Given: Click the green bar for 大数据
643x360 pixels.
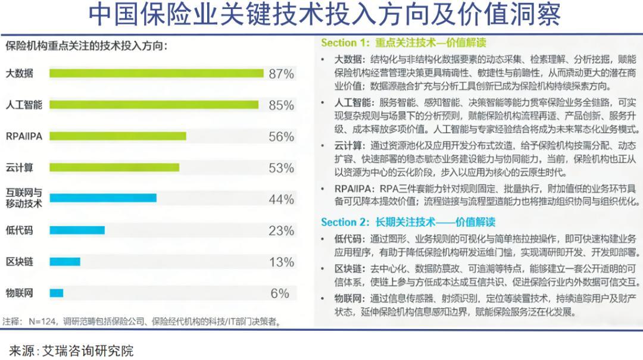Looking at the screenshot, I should pyautogui.click(x=156, y=73).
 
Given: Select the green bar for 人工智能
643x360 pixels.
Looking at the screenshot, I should pyautogui.click(x=154, y=105).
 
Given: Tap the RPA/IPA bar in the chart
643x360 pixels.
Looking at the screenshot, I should pyautogui.click(x=118, y=136).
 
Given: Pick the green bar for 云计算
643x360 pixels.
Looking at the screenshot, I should pyautogui.click(x=114, y=168).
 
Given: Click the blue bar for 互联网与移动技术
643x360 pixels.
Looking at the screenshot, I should pyautogui.click(x=103, y=198).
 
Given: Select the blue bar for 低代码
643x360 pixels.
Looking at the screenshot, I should pyautogui.click(x=77, y=230).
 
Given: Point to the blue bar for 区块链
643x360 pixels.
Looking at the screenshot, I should pyautogui.click(x=64, y=262).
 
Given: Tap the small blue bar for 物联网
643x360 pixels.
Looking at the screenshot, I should pyautogui.click(x=57, y=293).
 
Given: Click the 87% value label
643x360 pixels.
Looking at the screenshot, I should pyautogui.click(x=281, y=74).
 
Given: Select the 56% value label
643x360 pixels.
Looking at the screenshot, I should pyautogui.click(x=281, y=136).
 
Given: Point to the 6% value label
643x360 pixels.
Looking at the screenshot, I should pyautogui.click(x=280, y=293).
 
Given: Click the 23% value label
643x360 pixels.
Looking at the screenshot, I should pyautogui.click(x=281, y=230).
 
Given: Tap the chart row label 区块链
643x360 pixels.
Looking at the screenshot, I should pyautogui.click(x=20, y=262).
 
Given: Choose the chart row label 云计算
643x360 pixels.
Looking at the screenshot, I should pyautogui.click(x=20, y=168).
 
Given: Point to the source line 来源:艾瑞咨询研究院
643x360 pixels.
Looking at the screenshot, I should pyautogui.click(x=71, y=350).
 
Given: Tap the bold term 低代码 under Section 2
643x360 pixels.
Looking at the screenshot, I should pyautogui.click(x=348, y=238).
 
